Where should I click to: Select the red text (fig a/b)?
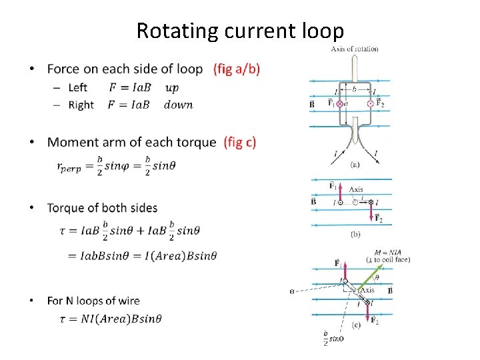(x=237, y=69)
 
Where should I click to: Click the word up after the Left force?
(x=171, y=87)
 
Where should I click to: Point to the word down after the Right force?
(x=178, y=105)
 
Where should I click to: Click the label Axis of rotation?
(x=355, y=49)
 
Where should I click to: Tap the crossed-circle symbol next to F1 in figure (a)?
(x=339, y=104)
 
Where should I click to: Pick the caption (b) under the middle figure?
(x=356, y=233)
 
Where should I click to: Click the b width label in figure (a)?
(x=354, y=88)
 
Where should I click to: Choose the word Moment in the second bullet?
(x=71, y=142)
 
